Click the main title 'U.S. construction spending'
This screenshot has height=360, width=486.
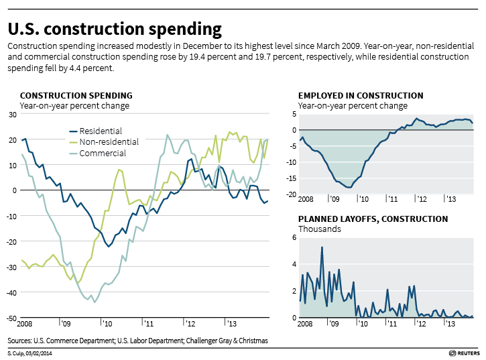coord(115,29)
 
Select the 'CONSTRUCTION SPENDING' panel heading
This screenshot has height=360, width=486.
coord(76,96)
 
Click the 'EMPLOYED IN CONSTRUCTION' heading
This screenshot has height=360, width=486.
coord(361,96)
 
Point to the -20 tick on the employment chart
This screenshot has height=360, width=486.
coord(292,194)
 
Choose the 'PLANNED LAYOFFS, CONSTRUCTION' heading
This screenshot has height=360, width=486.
coord(373,219)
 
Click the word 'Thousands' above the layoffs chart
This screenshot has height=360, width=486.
coord(319,229)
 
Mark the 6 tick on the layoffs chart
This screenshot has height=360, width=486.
coord(293,238)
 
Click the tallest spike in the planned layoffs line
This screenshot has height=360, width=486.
coord(322,247)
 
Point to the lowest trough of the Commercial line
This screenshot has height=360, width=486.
coord(95,302)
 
